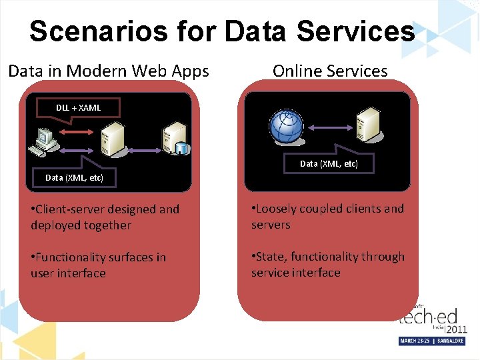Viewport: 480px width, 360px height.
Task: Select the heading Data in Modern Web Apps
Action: click(109, 71)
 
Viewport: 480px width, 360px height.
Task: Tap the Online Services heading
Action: click(330, 71)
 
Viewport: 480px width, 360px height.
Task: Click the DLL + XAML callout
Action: click(78, 107)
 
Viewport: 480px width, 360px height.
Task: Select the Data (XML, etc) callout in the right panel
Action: click(329, 163)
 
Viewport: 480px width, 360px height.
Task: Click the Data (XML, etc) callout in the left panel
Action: click(74, 177)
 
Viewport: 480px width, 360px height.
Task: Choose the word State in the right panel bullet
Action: click(271, 257)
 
